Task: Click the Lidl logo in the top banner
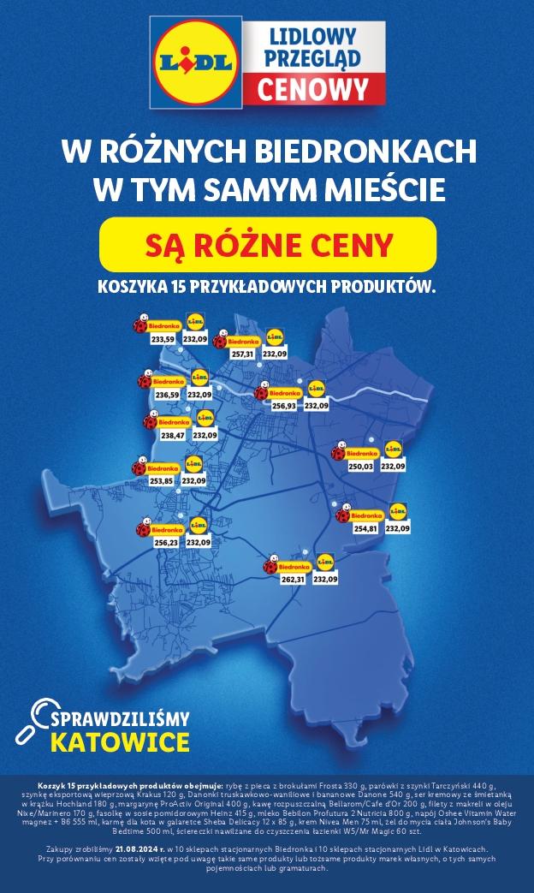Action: [195, 63]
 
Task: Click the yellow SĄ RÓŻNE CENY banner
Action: [268, 244]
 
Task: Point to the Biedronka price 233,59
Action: [163, 340]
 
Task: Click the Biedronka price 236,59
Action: [167, 395]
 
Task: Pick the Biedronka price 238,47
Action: [172, 436]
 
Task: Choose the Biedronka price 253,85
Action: [161, 481]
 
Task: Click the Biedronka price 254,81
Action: [365, 529]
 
